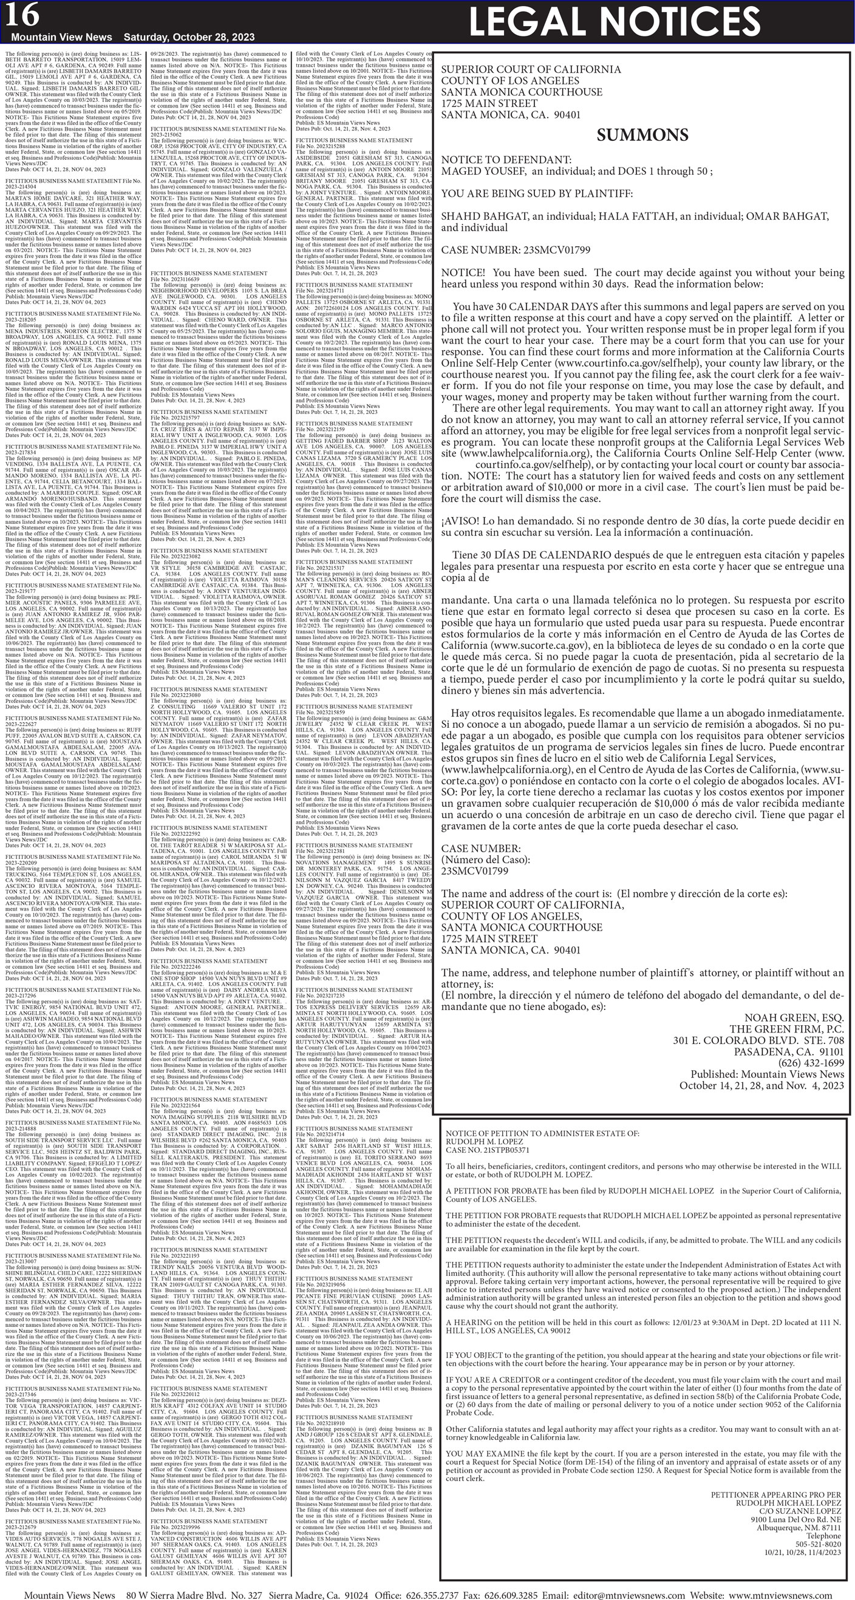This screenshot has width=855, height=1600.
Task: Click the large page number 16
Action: pos(23,16)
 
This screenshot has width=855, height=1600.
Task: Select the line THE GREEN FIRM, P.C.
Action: pos(786,1029)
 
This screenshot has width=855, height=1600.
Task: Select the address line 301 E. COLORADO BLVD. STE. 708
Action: pos(758,1040)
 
